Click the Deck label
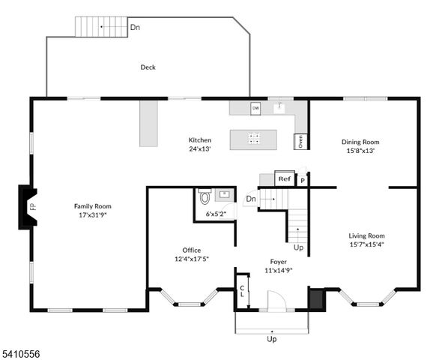(148, 67)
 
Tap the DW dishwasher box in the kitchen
(255, 107)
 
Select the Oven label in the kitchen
(300, 140)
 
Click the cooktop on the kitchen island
(254, 138)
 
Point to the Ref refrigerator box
(284, 178)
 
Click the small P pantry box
(303, 180)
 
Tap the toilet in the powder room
(205, 198)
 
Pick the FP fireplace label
(31, 206)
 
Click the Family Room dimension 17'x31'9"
(92, 214)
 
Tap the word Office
(191, 250)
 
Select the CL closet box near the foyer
(242, 292)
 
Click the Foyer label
(279, 262)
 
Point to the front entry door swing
(276, 302)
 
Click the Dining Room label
(360, 142)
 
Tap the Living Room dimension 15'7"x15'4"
(366, 244)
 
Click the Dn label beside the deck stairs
(135, 27)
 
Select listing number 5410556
(23, 352)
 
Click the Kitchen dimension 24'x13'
(199, 148)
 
